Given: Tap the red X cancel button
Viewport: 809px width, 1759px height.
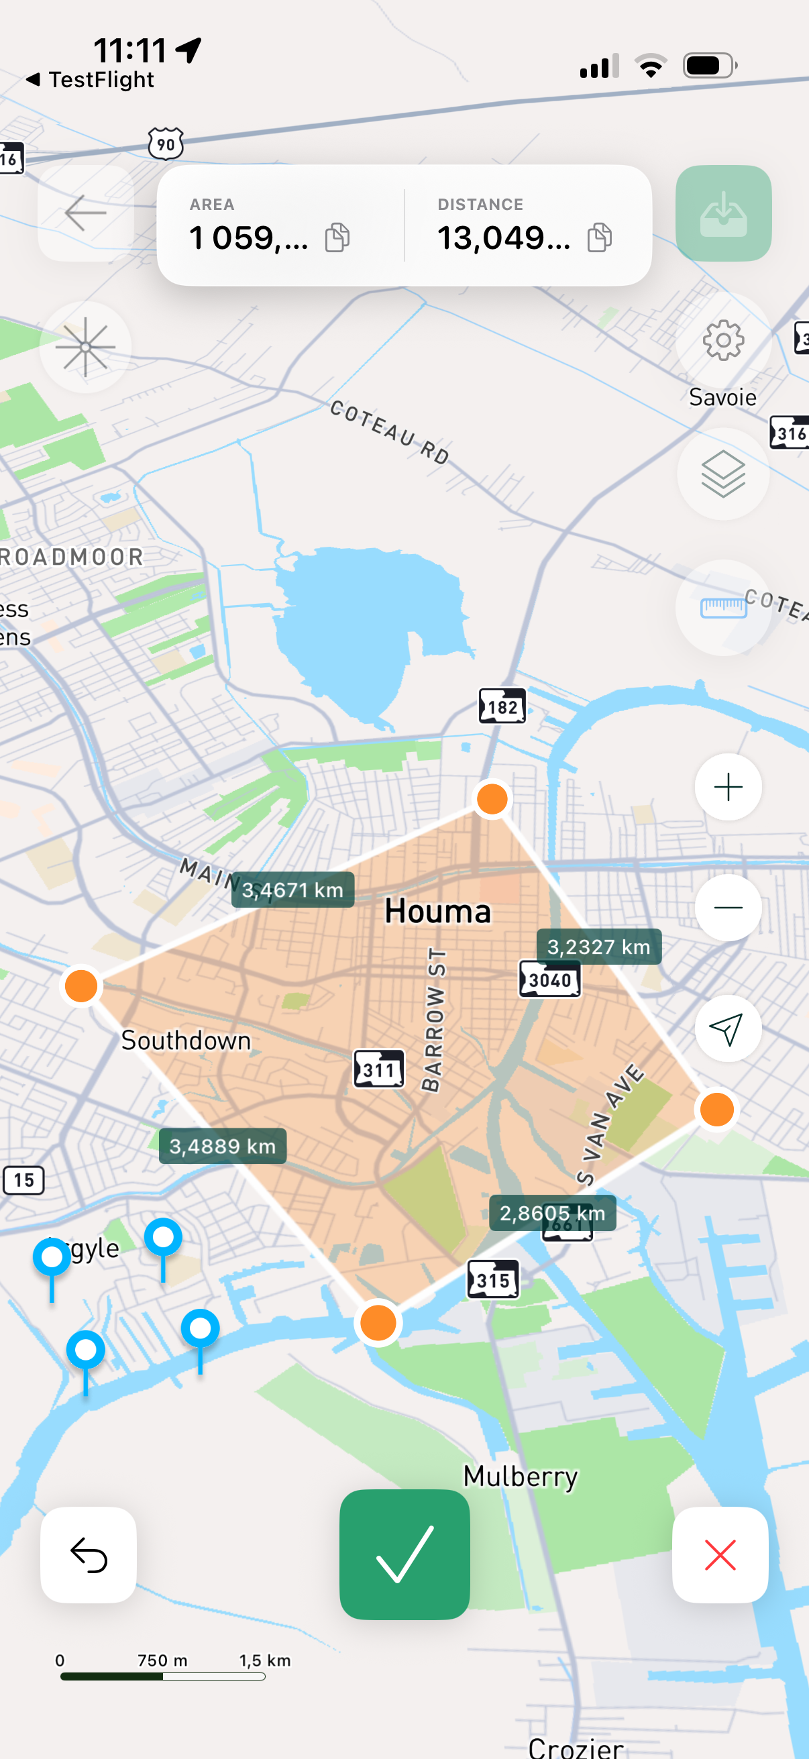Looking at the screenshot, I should coord(720,1554).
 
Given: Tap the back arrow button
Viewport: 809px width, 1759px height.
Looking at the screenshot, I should coord(85,213).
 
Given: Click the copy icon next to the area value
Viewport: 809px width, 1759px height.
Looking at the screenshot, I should coord(337,237).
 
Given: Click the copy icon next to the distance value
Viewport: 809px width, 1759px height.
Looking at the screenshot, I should coord(600,237).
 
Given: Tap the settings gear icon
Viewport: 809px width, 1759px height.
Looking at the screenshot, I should coord(723,340).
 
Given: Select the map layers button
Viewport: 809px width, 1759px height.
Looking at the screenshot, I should coord(723,473).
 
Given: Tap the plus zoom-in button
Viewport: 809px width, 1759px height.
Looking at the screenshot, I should coord(728,787).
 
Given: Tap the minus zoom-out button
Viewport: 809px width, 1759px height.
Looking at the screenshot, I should coord(728,908).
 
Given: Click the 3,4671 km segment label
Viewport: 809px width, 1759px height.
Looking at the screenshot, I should coord(293,890).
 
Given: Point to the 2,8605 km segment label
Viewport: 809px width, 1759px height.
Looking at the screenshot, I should coord(552,1213).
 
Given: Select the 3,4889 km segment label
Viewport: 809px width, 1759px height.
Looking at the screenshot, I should coord(223,1146).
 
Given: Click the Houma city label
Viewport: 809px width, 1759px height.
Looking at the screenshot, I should coord(437,912).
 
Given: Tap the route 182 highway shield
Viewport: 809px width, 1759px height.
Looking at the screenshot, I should coord(502,706).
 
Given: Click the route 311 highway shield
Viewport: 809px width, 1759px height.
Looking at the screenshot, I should coord(379,1069).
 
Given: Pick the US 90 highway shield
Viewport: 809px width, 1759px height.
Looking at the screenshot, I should coord(166,144).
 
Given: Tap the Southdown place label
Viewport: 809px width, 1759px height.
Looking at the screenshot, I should coord(186,1041).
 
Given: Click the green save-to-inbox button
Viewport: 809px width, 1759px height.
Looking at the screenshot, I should coord(723,213).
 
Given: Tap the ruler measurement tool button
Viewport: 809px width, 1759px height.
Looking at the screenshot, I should coord(723,607).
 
